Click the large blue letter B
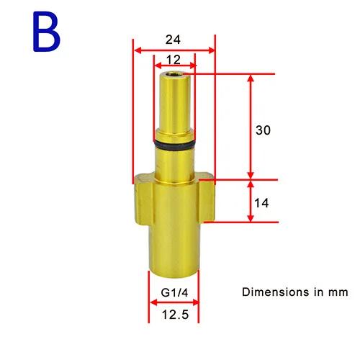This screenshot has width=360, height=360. pos(46,32)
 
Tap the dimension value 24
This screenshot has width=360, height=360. pos(173,40)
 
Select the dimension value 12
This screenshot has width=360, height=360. pos(174,60)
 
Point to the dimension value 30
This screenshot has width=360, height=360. pos(263,130)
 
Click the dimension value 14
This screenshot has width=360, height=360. pos(261,203)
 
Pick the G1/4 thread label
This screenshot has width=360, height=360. pos(174,292)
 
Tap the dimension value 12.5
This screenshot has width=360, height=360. pos(175,315)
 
